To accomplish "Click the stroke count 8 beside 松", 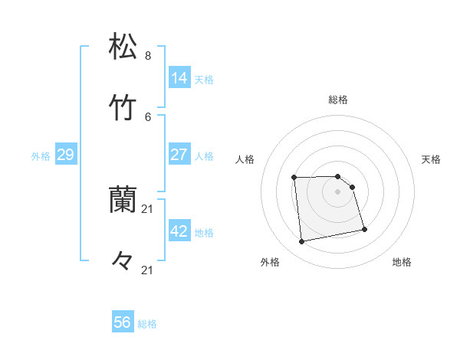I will [148, 56].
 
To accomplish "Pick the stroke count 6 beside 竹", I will [148, 116].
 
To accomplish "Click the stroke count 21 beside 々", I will [148, 270].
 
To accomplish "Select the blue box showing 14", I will [179, 77].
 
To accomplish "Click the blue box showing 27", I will [179, 155].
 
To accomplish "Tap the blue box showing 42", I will [179, 231].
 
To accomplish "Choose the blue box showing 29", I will [66, 155].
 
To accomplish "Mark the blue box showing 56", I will [123, 322].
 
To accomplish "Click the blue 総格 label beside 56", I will [147, 324].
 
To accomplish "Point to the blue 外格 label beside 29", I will [41, 156].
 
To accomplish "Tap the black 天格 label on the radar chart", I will [431, 159].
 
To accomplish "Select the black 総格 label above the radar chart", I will [338, 100].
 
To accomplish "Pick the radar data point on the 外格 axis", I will [302, 242].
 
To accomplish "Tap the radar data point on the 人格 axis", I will [294, 178].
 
